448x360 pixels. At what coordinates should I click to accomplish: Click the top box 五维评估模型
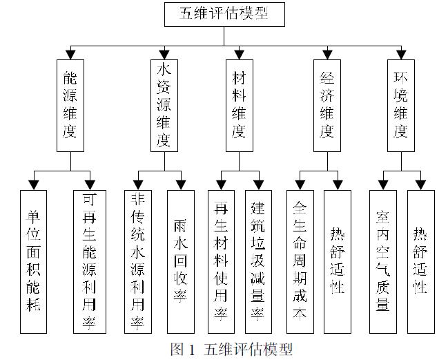[224, 13]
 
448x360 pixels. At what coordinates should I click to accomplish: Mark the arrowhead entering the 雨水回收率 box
[181, 185]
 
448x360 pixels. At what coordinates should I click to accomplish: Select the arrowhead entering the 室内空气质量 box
[382, 185]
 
